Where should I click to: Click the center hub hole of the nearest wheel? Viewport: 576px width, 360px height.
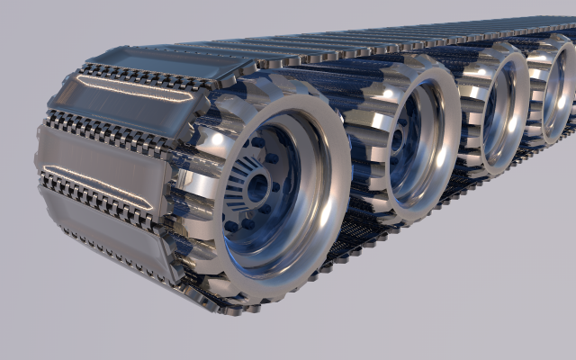pos(258,188)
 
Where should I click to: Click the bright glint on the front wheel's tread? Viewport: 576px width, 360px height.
pos(216,139)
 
